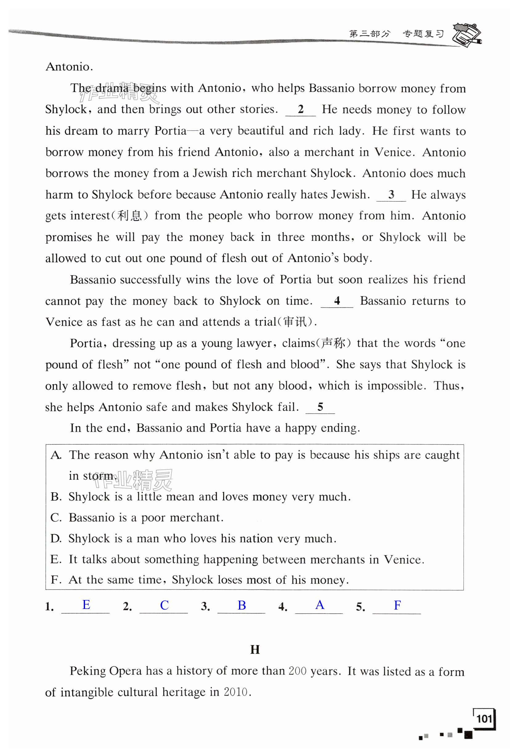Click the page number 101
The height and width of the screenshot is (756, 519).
coord(484,718)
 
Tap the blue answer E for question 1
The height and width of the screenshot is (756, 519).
coord(86,605)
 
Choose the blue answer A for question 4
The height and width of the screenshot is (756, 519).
coord(320,605)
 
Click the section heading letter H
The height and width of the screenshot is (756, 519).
coord(255,650)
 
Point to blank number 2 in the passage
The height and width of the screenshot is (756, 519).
coord(301,109)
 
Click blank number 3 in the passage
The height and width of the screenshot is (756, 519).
coord(391,194)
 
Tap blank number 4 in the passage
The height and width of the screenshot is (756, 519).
coord(337,301)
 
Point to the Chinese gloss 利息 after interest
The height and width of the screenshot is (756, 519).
coord(129,216)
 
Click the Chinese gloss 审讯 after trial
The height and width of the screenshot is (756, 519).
coord(295,322)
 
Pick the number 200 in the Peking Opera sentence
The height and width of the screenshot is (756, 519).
coord(297,671)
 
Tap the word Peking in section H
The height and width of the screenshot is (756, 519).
coord(87,671)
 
